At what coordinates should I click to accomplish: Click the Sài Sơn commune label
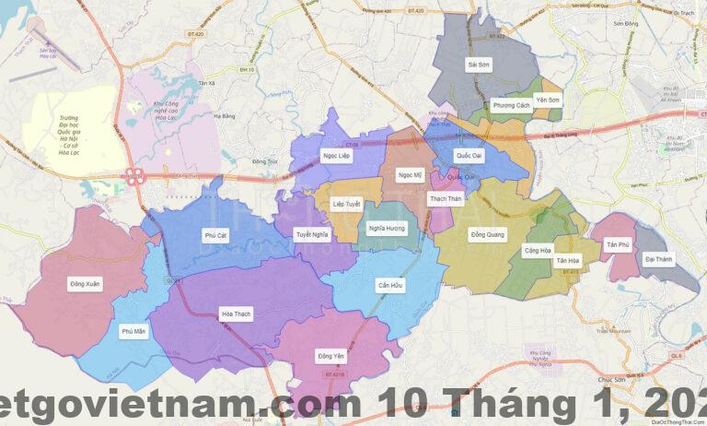479,65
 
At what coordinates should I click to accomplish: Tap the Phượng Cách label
511,106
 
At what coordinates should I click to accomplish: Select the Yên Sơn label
548,100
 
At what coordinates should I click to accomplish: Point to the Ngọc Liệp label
337,156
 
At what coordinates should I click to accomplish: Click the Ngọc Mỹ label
409,174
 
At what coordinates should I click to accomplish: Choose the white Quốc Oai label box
469,156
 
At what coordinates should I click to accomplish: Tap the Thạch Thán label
446,198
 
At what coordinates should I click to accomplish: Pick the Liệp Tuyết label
346,203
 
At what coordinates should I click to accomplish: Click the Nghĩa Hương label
387,228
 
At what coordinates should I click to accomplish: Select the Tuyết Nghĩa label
312,234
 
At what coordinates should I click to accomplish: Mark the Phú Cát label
215,236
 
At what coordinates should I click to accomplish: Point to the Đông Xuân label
85,284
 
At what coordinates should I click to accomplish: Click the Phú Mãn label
133,330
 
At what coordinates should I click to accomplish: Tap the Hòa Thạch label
236,314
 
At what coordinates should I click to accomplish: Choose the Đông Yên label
330,356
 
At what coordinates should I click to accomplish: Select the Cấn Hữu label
390,286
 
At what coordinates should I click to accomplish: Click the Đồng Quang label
487,235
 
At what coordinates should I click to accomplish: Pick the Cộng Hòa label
538,250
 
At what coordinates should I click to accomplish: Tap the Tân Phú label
617,244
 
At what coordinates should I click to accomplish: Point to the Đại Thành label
658,260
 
